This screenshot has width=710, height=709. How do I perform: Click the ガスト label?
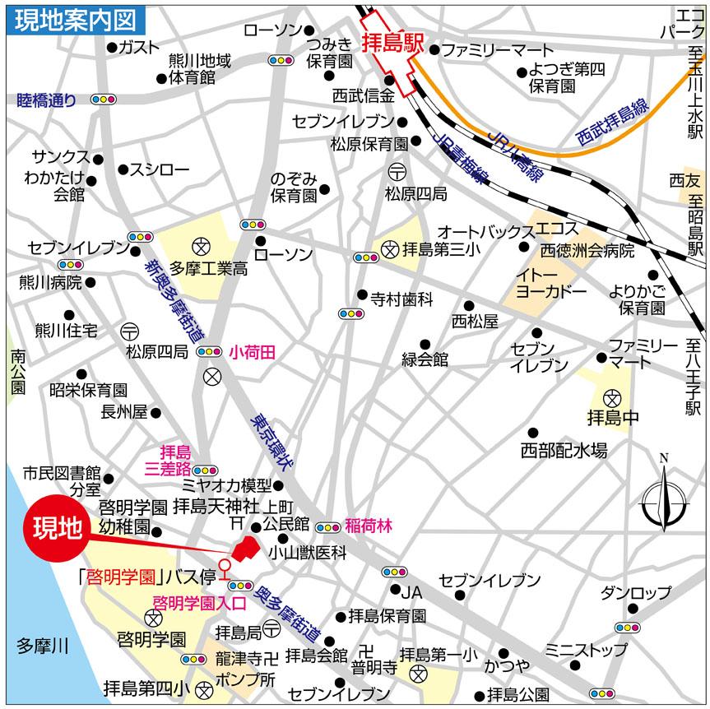pyautogui.click(x=139, y=46)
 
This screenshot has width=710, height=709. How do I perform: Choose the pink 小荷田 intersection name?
pyautogui.click(x=252, y=351)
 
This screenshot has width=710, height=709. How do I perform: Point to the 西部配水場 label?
pyautogui.click(x=564, y=450)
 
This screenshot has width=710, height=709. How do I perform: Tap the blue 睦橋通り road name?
pyautogui.click(x=46, y=100)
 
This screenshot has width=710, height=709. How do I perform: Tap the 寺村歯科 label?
pyautogui.click(x=401, y=300)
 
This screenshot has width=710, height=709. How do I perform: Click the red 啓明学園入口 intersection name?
pyautogui.click(x=200, y=602)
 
